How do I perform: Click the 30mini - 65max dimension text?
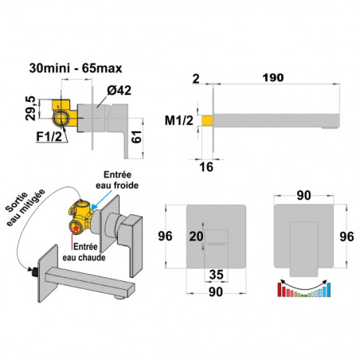coord(76,68)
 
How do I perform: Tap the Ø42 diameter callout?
coord(119,91)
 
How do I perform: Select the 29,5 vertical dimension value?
coord(30,108)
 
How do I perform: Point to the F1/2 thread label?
coord(49,136)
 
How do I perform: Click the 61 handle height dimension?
coord(137,137)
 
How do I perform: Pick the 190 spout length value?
coord(273,78)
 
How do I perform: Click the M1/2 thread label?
coord(179,120)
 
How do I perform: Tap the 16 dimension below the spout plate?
coord(206,167)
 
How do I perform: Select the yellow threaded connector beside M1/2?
coord(207,120)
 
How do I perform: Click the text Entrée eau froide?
coord(117,180)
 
